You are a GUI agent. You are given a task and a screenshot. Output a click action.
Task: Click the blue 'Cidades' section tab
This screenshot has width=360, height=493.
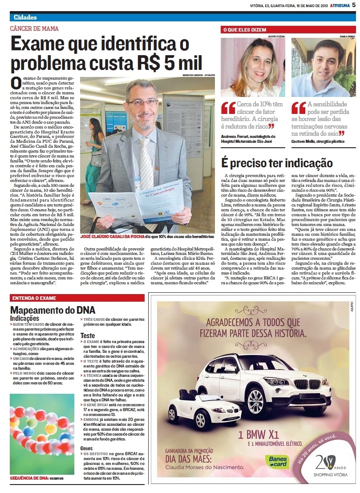point(25,17)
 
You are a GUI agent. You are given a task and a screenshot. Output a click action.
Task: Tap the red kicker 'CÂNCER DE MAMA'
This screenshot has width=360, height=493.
point(34,28)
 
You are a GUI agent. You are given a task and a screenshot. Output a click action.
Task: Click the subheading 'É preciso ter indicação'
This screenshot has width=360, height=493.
point(277,163)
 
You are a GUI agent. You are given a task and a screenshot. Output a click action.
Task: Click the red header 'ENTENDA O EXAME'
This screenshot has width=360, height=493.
point(34,298)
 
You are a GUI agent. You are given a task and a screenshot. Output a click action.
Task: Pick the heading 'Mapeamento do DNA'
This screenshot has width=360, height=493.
point(53,310)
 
